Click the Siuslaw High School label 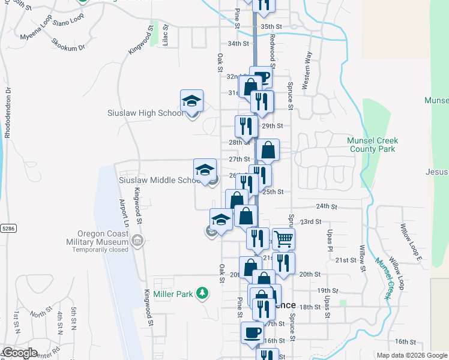tap(146, 113)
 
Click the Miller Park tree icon tap(203, 293)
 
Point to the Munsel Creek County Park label tap(372, 145)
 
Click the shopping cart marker tap(283, 239)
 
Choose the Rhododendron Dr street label tap(8, 114)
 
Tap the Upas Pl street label tap(330, 239)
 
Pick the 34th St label tap(238, 44)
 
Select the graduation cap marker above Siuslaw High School tap(191, 100)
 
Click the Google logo tap(20, 353)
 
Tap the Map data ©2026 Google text tap(411, 355)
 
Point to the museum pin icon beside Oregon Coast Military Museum tap(137, 242)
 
